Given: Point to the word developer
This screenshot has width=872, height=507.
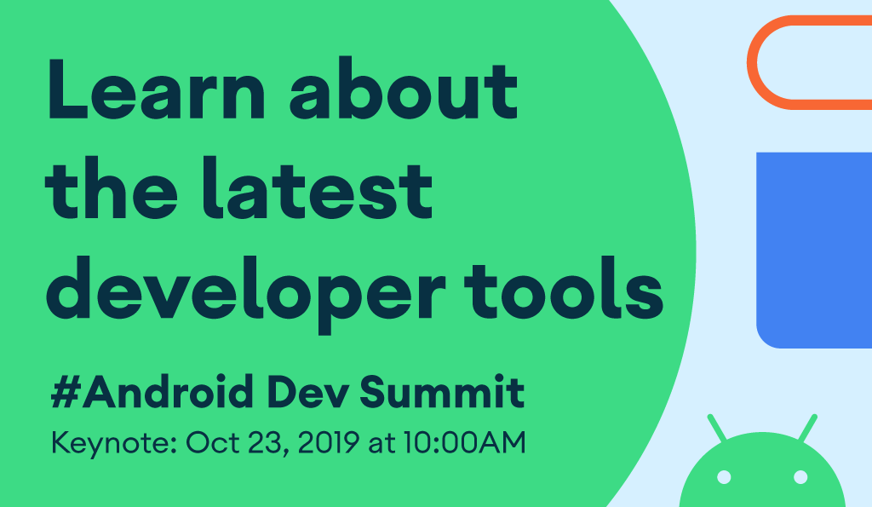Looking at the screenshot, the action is [x=246, y=295].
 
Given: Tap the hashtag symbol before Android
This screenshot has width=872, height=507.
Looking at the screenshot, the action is [x=66, y=392].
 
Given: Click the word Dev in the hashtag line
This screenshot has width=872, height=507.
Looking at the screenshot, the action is [x=308, y=392].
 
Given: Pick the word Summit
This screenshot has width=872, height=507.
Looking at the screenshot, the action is [x=442, y=392].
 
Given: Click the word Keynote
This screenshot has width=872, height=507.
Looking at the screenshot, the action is [x=114, y=444].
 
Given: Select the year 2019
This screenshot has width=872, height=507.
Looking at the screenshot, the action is [x=329, y=442].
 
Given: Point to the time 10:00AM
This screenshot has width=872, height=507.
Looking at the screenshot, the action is [x=464, y=442].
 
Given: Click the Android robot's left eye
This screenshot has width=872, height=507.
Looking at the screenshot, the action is [x=724, y=477].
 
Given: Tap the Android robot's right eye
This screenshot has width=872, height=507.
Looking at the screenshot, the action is [x=800, y=477].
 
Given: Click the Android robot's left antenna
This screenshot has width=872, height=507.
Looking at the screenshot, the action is [x=716, y=428].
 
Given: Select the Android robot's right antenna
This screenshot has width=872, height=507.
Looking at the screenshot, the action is [x=808, y=428].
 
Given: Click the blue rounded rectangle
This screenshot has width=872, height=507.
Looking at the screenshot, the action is [x=814, y=251].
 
